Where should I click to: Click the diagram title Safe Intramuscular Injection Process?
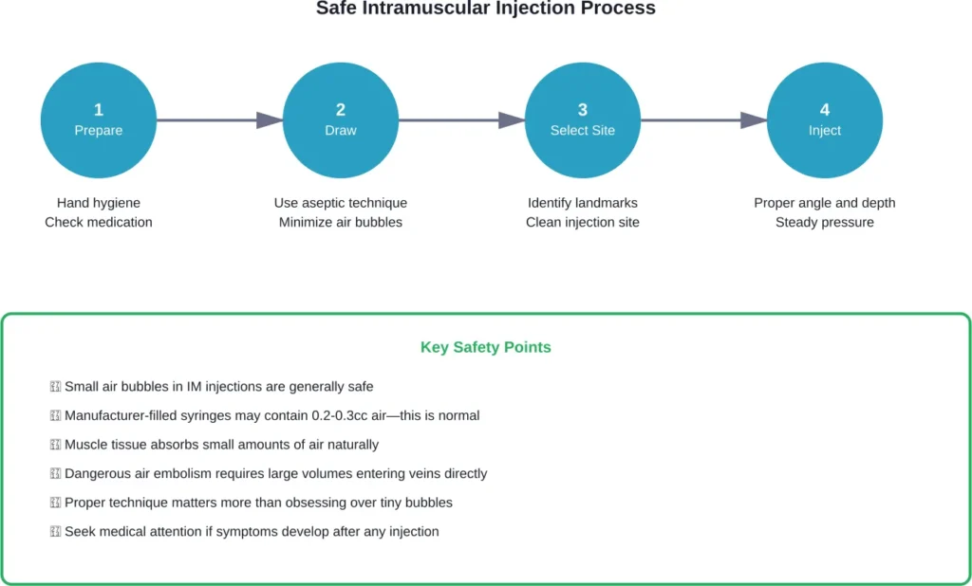click(485, 9)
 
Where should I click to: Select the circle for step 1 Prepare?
click(99, 120)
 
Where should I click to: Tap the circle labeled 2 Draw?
click(341, 120)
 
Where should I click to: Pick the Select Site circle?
click(583, 120)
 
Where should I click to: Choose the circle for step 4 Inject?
click(824, 120)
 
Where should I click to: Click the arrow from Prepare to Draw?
click(219, 120)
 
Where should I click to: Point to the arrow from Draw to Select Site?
click(461, 120)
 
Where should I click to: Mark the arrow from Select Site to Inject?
click(703, 120)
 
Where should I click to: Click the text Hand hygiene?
click(99, 203)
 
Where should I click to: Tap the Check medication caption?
click(99, 222)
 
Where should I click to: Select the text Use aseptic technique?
click(341, 203)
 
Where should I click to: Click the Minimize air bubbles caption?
click(341, 222)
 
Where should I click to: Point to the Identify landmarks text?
click(583, 203)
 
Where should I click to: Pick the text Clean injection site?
click(583, 222)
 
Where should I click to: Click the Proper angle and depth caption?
click(824, 203)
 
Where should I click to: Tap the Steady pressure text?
click(824, 222)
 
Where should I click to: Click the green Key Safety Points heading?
click(485, 347)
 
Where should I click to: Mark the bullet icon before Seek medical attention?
click(55, 532)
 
